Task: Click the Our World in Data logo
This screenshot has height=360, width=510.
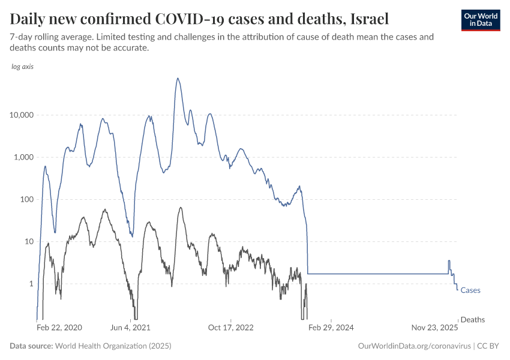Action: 480,20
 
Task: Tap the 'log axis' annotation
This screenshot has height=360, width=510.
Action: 22,67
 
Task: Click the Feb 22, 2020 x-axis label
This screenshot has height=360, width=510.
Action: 59,328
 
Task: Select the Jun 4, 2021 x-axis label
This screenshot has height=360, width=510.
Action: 131,328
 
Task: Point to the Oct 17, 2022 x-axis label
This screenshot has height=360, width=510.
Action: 231,328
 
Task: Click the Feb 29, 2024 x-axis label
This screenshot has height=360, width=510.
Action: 331,328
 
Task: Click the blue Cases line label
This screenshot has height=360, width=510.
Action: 470,290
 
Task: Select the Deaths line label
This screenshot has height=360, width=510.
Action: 472,320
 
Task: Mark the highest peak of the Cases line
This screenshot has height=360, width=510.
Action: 178,78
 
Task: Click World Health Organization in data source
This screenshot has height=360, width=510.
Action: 113,346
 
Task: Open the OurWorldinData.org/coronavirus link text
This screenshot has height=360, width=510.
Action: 413,346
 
